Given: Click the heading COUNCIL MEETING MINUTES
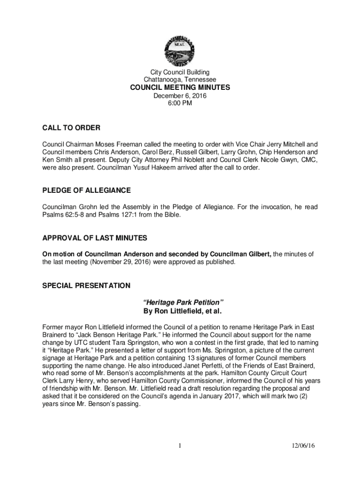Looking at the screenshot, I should pyautogui.click(x=180, y=88).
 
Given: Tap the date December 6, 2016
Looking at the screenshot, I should pyautogui.click(x=180, y=96).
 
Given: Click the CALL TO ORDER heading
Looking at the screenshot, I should pyautogui.click(x=72, y=128).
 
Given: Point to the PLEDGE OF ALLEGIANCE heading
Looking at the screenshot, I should pyautogui.click(x=86, y=190).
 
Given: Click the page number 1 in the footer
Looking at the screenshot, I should pyautogui.click(x=180, y=446).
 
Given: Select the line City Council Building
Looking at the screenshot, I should pyautogui.click(x=180, y=73).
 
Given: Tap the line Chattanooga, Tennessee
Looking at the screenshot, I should pyautogui.click(x=180, y=80).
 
